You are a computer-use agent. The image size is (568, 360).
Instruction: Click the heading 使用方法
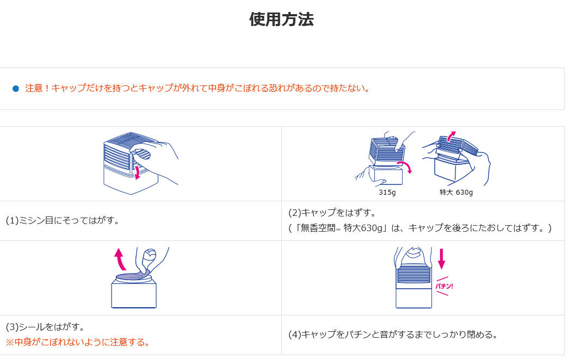tap(281, 19)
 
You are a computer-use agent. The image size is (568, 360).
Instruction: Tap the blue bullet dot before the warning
tap(16, 89)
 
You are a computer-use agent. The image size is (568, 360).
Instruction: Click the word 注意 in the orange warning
tap(34, 88)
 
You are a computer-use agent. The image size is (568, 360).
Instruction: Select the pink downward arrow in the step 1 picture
tap(137, 172)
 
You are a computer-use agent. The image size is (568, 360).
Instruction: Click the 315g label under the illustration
tap(387, 193)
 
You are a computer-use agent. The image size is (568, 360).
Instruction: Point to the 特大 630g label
tap(456, 193)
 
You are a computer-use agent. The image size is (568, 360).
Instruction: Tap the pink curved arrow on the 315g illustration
tap(407, 166)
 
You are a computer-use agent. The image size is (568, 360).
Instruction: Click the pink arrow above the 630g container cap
tap(451, 135)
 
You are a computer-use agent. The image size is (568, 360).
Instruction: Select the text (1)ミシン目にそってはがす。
tap(63, 220)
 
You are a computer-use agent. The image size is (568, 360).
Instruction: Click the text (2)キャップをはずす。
tap(332, 213)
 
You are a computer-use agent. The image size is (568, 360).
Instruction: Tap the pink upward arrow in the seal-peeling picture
tap(120, 259)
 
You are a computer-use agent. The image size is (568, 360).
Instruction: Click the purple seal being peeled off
tap(133, 276)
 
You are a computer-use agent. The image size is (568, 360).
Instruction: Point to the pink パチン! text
tap(444, 286)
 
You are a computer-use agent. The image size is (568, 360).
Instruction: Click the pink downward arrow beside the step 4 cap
tap(441, 259)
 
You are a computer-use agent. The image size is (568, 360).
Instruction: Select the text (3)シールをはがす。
tap(45, 327)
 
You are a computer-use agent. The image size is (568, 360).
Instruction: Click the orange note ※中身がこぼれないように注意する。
tap(78, 342)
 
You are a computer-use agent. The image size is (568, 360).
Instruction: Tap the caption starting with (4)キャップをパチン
tap(393, 334)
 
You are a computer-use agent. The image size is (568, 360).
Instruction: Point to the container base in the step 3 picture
tap(134, 294)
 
